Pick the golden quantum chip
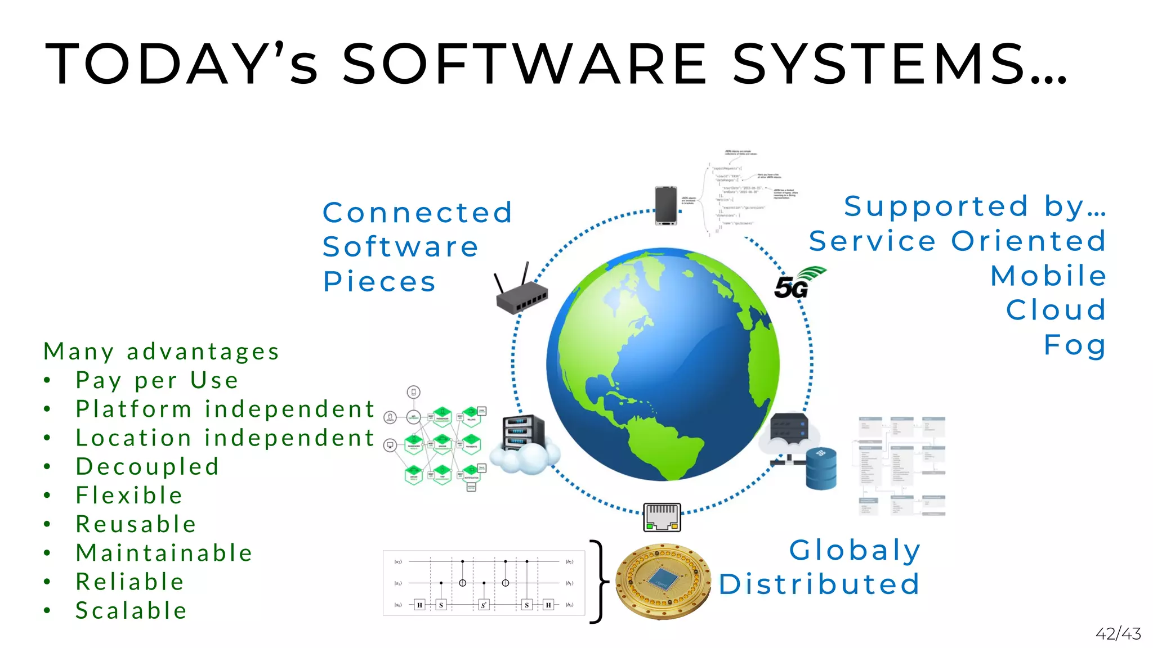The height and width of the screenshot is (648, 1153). coord(663,581)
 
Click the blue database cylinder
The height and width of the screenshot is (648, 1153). coord(821,468)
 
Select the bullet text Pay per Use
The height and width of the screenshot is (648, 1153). coord(157,380)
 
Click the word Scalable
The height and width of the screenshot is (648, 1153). coord(131,611)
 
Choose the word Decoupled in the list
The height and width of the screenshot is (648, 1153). coord(147,467)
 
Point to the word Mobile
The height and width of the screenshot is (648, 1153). coord(1048,276)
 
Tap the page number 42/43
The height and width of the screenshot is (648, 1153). coord(1118,634)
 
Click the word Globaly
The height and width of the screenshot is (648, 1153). coord(855,550)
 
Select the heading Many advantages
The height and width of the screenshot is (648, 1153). coord(162,352)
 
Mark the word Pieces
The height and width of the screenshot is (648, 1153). coord(379,281)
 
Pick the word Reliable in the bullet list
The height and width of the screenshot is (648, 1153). coord(130,582)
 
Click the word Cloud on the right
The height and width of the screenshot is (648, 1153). coord(1056,310)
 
